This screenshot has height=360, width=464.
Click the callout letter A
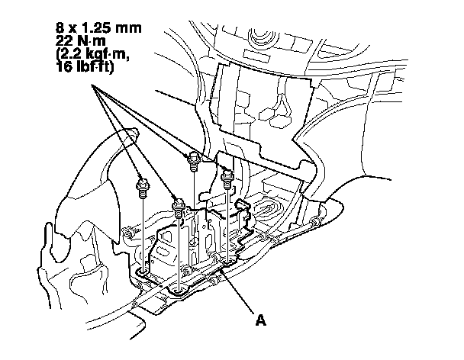(x=262, y=321)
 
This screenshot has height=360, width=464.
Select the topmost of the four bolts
(x=194, y=159)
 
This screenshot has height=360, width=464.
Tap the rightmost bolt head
(x=227, y=178)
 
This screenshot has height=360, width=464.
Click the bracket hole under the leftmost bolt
(x=143, y=271)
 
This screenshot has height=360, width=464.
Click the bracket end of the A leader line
(x=221, y=268)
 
